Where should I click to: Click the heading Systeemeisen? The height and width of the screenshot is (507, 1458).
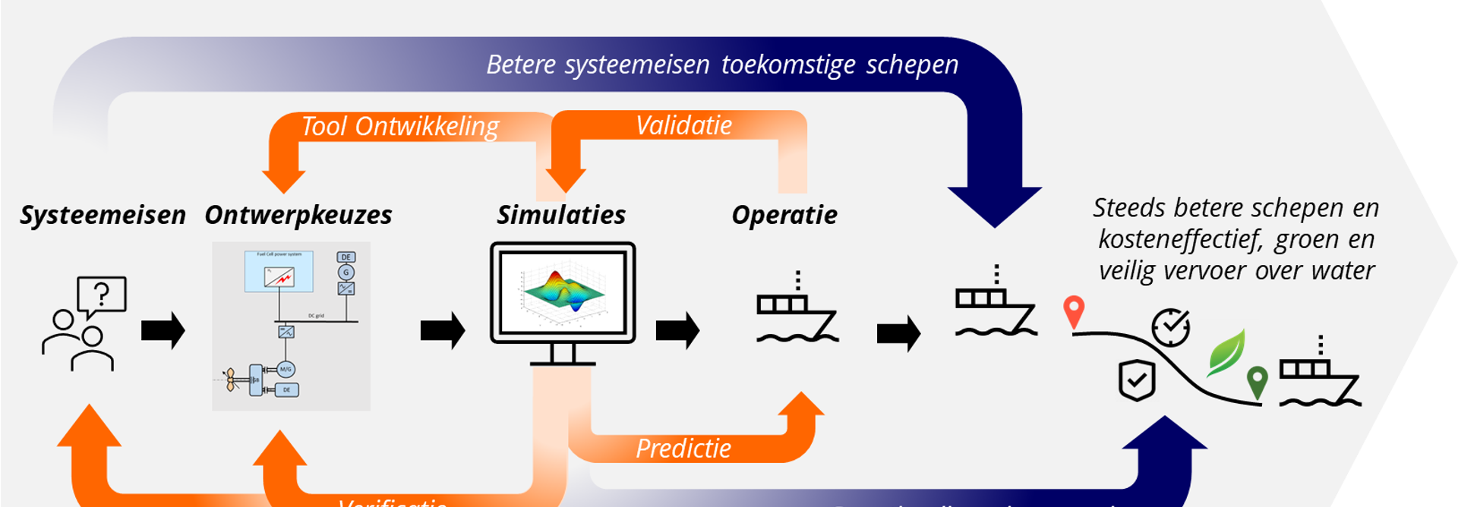[x=103, y=216]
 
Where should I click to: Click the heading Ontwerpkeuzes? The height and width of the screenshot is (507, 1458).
[x=298, y=216]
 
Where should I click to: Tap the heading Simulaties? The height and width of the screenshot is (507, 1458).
[x=561, y=216]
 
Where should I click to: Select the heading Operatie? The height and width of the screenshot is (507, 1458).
[x=784, y=216]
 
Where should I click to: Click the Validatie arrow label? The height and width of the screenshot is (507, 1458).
[x=683, y=125]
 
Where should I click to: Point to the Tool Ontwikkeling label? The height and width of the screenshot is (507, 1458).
[x=400, y=127]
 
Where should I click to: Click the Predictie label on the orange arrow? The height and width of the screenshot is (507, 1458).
[x=683, y=449]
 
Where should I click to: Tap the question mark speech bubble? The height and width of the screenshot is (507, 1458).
[x=102, y=294]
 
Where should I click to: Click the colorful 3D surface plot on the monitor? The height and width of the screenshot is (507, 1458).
[x=563, y=292]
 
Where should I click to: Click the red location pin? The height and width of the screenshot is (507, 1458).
[x=1073, y=310]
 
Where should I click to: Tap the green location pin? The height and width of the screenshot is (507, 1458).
[x=1257, y=379]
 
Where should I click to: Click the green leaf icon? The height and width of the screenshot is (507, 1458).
[x=1228, y=352]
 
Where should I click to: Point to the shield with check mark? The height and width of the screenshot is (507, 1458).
[x=1137, y=379]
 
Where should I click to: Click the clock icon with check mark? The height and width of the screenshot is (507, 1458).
[x=1170, y=328]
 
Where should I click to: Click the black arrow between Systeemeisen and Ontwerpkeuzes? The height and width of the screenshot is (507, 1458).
[x=163, y=331]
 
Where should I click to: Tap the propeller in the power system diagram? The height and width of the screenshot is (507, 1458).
[x=230, y=379]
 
